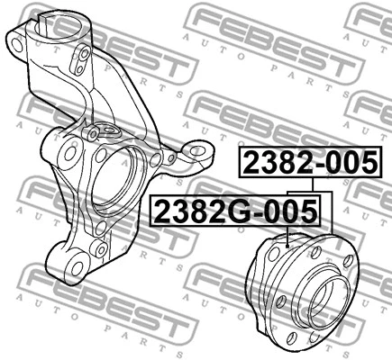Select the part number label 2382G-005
[x=235, y=212]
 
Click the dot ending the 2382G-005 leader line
[x=287, y=246]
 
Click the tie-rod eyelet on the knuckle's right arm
[x=190, y=150]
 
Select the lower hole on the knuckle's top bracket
[x=84, y=74]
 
